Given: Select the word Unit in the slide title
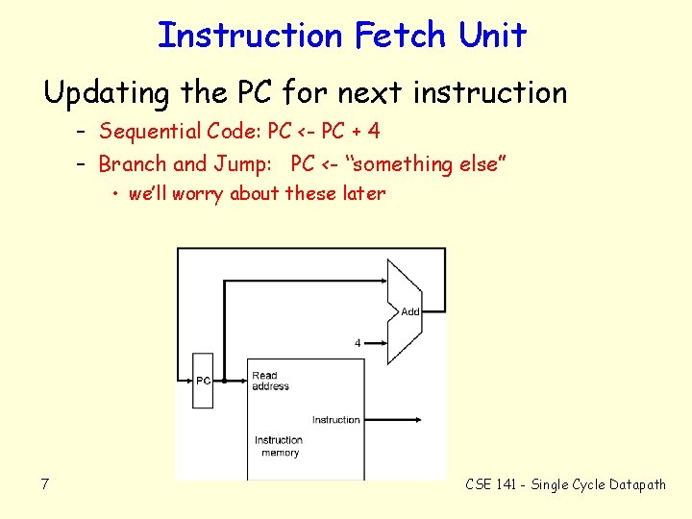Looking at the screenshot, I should click(492, 37).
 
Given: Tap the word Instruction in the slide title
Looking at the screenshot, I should click(250, 37).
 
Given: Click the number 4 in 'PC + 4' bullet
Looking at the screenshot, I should click(373, 131).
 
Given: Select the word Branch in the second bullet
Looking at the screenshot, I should click(132, 164).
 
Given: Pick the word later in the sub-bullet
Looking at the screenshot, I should click(363, 194).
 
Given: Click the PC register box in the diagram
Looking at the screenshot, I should click(203, 380).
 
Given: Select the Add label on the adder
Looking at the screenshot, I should click(410, 311).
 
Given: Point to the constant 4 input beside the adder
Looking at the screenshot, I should click(358, 342).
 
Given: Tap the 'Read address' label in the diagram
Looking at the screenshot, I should click(269, 381).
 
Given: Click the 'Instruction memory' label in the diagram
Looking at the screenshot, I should click(279, 446).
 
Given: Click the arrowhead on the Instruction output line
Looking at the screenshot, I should click(419, 420).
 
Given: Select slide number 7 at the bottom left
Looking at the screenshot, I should click(44, 483).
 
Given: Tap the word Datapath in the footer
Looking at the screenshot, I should click(635, 484).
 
